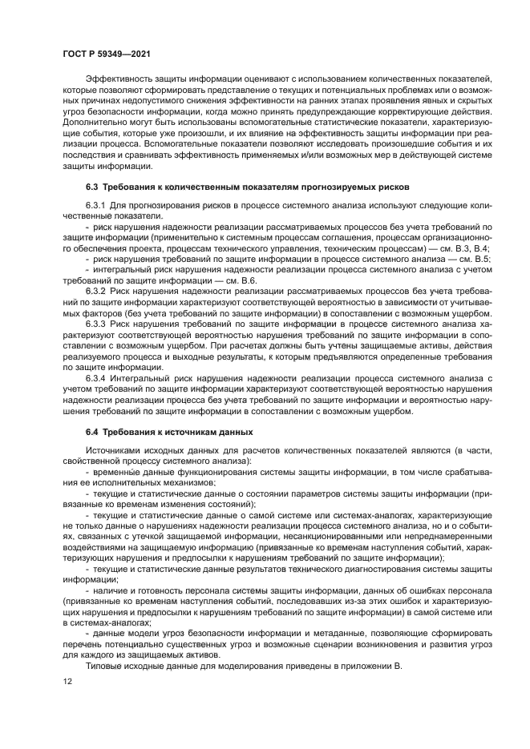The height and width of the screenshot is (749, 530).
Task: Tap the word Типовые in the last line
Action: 105,667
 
